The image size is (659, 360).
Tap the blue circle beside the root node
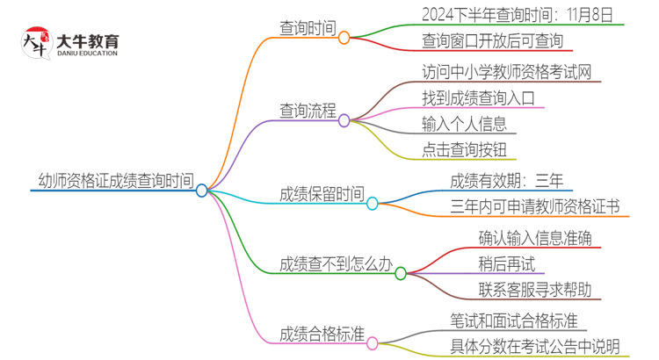(x=202, y=190)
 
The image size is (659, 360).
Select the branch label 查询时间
(x=308, y=29)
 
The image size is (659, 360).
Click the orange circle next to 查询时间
(x=344, y=38)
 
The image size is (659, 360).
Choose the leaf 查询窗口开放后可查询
(x=492, y=40)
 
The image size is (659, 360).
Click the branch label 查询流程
(x=308, y=112)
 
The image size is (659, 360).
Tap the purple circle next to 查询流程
(x=344, y=120)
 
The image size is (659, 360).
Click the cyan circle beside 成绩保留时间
(x=372, y=204)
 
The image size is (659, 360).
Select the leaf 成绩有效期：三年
(x=506, y=182)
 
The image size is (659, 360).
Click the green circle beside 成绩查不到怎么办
(x=401, y=273)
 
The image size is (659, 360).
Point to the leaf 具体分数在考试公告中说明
(x=534, y=347)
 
